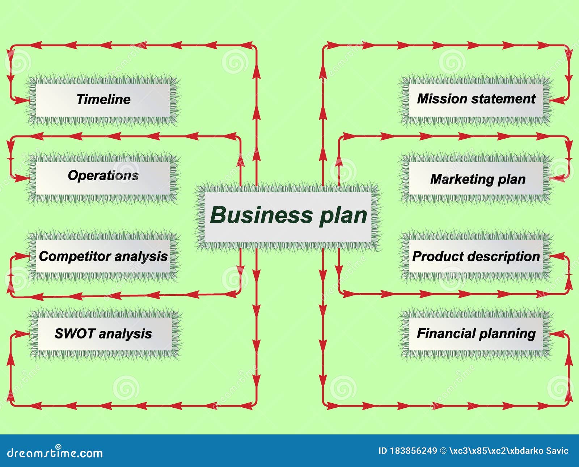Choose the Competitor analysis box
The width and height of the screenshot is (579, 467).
tap(103, 256)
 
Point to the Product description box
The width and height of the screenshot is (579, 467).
tap(476, 256)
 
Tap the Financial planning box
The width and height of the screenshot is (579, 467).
tap(476, 334)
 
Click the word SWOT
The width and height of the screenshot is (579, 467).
tap(75, 333)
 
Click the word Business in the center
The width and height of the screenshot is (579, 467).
tap(261, 215)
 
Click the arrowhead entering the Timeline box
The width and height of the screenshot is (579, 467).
tap(23, 100)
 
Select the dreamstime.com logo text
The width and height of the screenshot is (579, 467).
tap(54, 453)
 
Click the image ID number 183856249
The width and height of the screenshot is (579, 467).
tap(413, 451)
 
